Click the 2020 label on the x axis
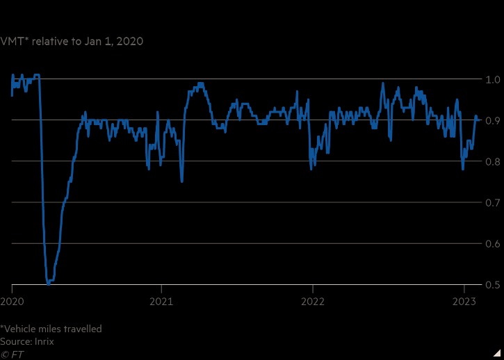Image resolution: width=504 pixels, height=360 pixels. click(12, 302)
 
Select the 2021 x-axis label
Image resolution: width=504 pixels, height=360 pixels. click(161, 302)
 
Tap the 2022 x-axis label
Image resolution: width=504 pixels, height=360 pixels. click(313, 302)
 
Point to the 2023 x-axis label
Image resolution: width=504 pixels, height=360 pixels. click(464, 302)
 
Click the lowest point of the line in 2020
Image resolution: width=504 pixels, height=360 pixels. click(48, 283)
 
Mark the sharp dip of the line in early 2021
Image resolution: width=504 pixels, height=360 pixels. click(182, 181)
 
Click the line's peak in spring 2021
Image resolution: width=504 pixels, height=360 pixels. click(200, 83)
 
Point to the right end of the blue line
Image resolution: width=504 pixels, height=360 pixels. click(477, 118)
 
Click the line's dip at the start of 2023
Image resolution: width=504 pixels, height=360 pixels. click(463, 169)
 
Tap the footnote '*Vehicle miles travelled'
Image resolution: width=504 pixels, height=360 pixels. click(51, 329)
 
